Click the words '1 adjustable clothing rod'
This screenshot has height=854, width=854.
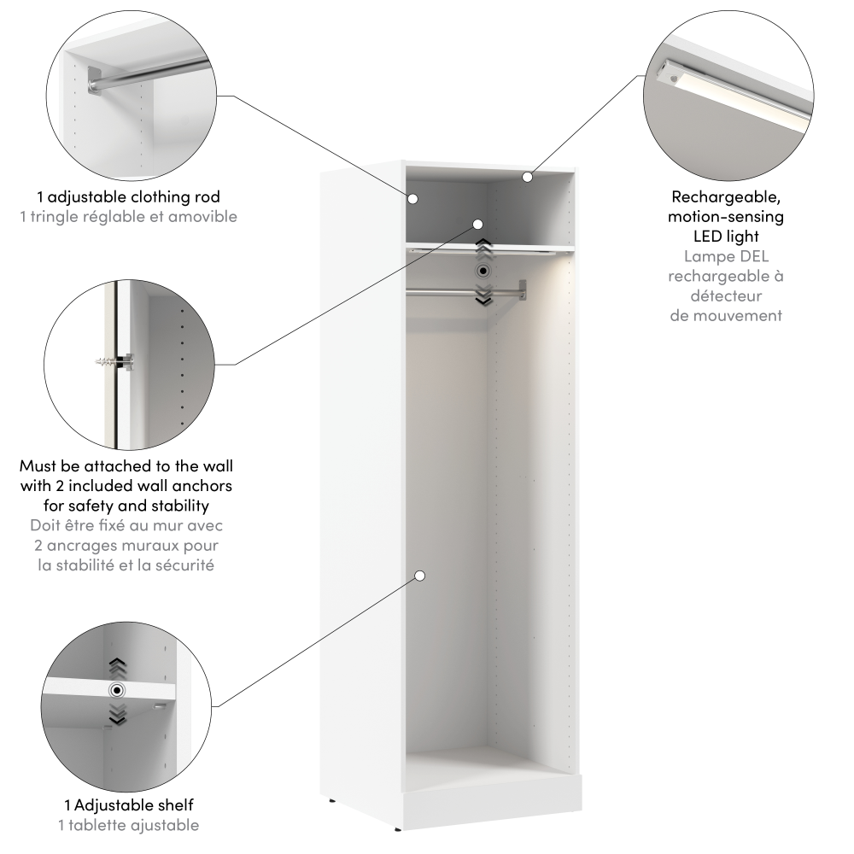point(129,196)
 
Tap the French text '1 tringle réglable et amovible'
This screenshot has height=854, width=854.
point(129,217)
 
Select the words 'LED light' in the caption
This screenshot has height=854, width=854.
point(726,237)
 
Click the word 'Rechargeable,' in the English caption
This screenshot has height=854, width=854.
point(726,196)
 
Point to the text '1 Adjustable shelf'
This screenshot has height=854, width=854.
point(129,805)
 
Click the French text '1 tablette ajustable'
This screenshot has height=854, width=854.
point(129,825)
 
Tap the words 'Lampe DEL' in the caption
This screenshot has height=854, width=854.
point(726,256)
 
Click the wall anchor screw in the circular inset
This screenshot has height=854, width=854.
point(115,361)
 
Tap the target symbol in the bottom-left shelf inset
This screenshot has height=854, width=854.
point(116,691)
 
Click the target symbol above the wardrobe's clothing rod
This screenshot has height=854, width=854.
point(483,271)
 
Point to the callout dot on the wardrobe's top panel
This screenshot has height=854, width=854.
point(527,177)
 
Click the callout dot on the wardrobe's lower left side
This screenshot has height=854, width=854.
point(419,576)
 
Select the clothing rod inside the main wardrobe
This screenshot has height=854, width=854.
point(465,294)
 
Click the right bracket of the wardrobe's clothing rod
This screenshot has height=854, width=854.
point(523,290)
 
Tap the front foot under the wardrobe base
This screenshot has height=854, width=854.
point(397,829)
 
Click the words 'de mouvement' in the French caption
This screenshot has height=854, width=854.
point(726,316)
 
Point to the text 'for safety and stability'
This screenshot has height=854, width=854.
point(126,506)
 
